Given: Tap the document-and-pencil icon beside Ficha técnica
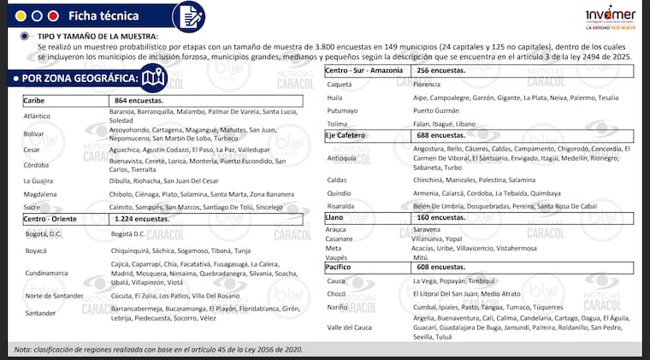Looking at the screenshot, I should point(187,16).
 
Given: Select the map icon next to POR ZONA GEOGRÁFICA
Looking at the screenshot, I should point(154,78).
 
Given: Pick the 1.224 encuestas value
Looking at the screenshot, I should point(140,219).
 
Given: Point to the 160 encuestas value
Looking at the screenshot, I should point(441,217).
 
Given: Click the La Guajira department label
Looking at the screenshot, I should point(38,180).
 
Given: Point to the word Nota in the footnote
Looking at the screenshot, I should point(22,351).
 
